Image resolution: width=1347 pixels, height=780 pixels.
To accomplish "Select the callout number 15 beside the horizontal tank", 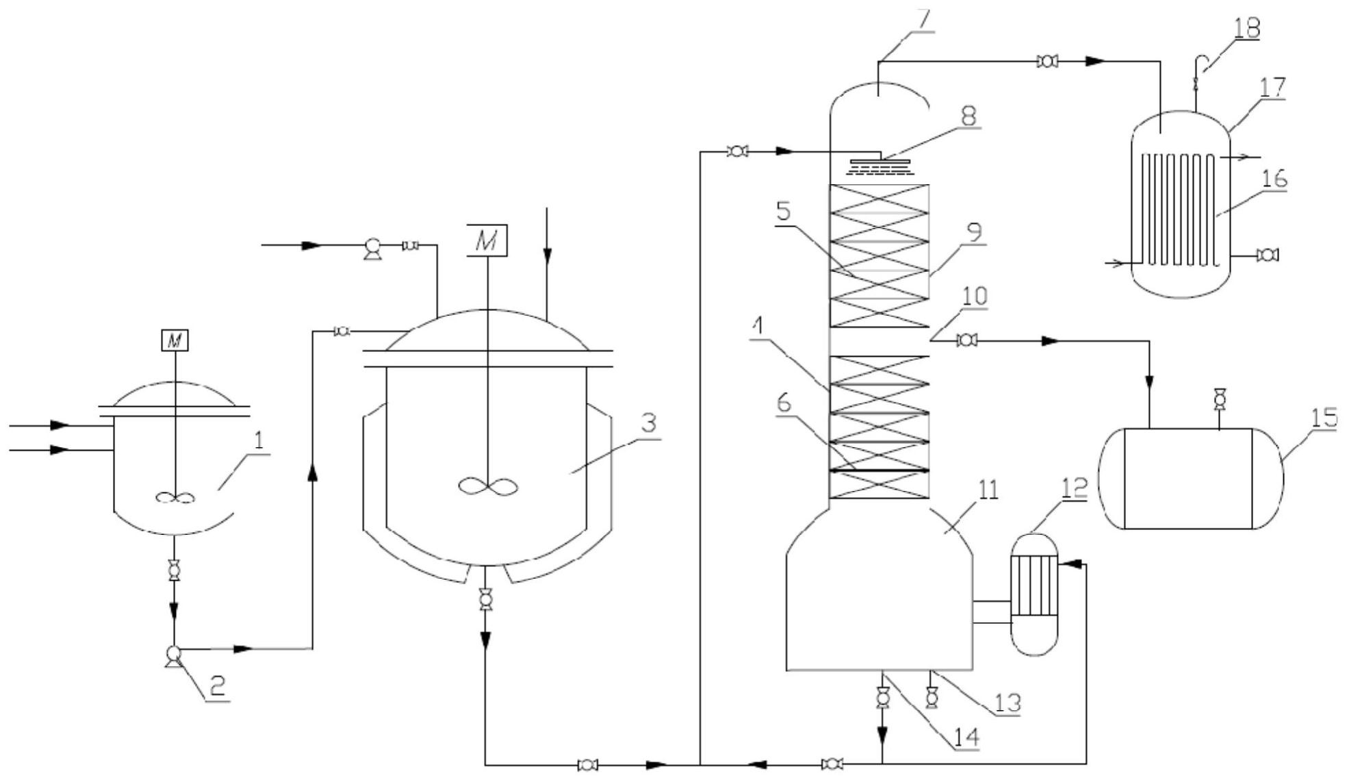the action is (x=1324, y=418).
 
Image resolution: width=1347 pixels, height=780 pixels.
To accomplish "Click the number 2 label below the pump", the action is (x=217, y=686).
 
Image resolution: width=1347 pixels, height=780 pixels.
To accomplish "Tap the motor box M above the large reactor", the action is (x=487, y=240).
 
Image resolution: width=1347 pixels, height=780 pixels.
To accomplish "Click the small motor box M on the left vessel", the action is (x=175, y=340).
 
